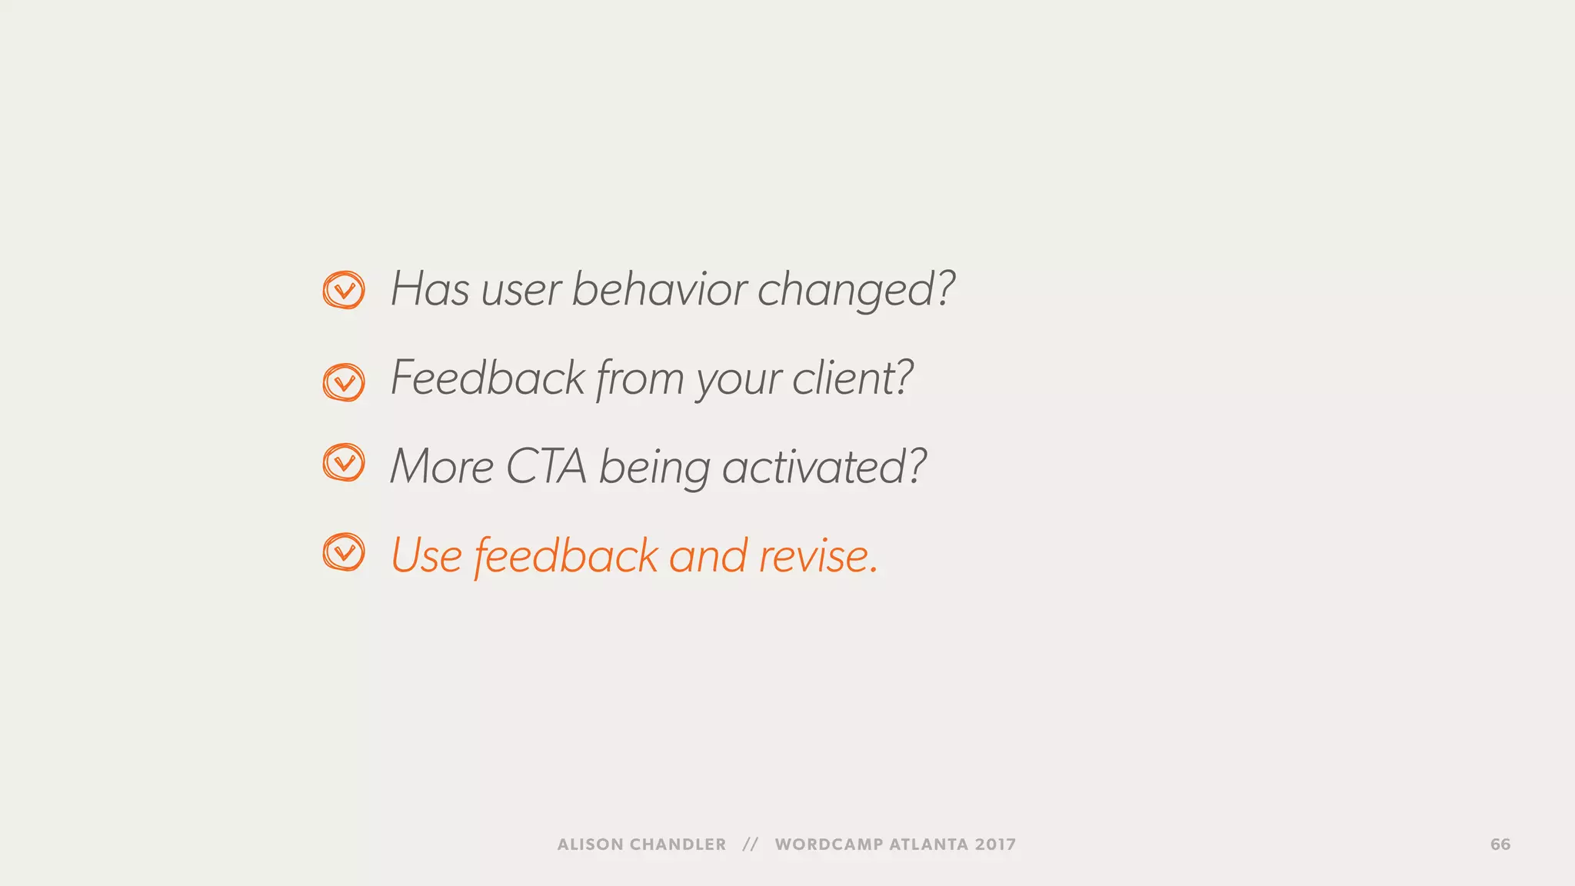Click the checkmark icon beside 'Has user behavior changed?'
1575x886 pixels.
pos(344,290)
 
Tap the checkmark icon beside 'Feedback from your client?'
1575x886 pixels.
pos(344,382)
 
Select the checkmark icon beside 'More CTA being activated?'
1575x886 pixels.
pos(344,462)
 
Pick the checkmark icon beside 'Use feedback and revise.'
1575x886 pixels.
pos(344,552)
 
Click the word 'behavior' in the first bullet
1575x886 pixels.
pos(659,289)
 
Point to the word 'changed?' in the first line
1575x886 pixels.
pos(856,291)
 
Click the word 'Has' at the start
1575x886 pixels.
pos(430,289)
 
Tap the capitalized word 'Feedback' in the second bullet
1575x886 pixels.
pos(488,378)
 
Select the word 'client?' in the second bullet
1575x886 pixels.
pos(852,378)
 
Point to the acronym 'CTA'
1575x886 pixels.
pos(546,467)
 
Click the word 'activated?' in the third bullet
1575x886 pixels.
pos(824,467)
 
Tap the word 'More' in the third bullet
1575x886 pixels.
pos(441,467)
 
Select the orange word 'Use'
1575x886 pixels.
pos(427,556)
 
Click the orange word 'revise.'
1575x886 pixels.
pos(818,556)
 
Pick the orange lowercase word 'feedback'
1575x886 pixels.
pos(566,556)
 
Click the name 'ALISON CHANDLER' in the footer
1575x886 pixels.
pos(641,844)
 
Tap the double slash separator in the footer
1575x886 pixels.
pos(751,844)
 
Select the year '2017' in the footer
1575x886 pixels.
pos(995,844)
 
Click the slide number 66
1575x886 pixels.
pos(1500,844)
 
